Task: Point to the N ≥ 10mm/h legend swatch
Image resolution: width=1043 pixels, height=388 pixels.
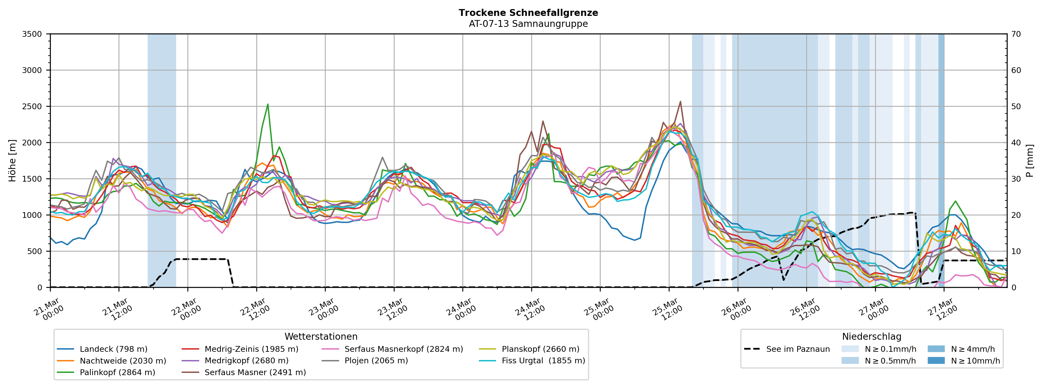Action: (x=936, y=361)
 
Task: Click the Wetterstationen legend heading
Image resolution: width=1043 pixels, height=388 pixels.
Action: (x=321, y=337)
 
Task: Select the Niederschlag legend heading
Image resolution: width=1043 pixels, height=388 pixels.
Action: (x=871, y=337)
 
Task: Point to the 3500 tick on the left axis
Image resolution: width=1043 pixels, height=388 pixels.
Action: (x=32, y=34)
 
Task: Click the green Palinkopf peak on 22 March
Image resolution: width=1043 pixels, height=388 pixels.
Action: (x=268, y=105)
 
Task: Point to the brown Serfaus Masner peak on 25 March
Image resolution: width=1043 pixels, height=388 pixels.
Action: (x=680, y=102)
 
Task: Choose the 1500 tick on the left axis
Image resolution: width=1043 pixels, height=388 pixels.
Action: (x=32, y=179)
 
